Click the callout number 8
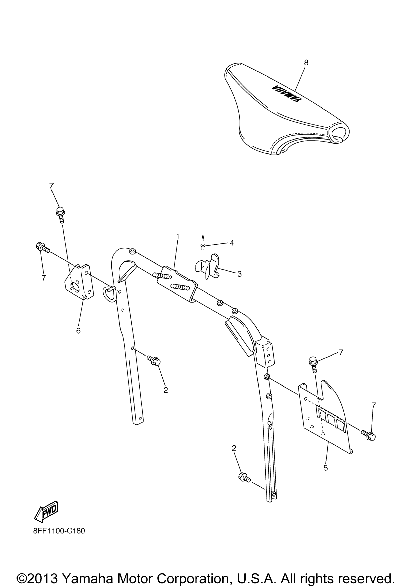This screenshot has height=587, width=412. pos(306,63)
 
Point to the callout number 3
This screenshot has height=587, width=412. pos(239,274)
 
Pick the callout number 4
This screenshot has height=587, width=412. pos(232,243)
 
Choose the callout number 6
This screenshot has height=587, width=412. pos(78,331)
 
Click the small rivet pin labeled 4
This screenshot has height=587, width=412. pos(203,242)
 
